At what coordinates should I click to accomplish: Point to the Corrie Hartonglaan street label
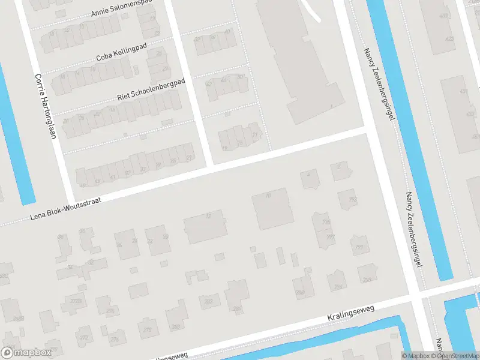tap(46, 106)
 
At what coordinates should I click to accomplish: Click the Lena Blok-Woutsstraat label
tap(66, 208)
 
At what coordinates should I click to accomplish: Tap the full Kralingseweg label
tap(350, 314)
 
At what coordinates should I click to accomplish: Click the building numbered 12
tap(205, 227)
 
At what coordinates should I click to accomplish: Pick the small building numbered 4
tap(309, 176)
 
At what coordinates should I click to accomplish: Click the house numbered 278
tap(147, 329)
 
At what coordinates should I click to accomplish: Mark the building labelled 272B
tap(76, 301)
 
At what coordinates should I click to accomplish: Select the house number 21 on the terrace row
tap(190, 158)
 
